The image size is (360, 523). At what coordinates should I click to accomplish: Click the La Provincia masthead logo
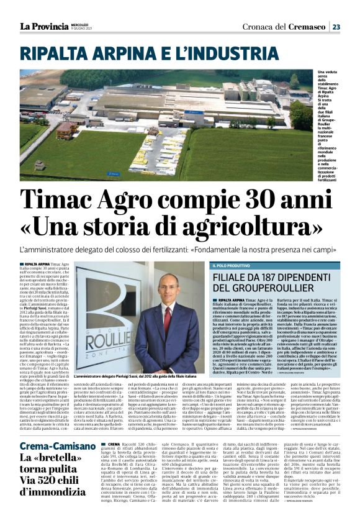point(43,26)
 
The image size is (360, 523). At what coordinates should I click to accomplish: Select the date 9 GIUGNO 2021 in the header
point(83,29)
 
